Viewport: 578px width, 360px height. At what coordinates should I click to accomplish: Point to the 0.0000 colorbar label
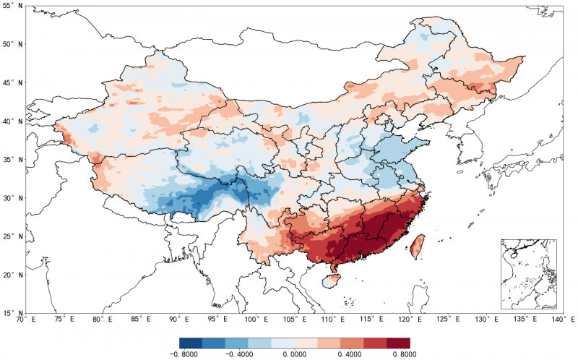[x=295, y=354]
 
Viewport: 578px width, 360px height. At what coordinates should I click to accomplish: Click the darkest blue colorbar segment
[x=191, y=343]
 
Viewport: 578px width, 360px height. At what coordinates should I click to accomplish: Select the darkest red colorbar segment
[x=398, y=343]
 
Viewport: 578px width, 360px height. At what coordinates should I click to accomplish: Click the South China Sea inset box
[x=528, y=274]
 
